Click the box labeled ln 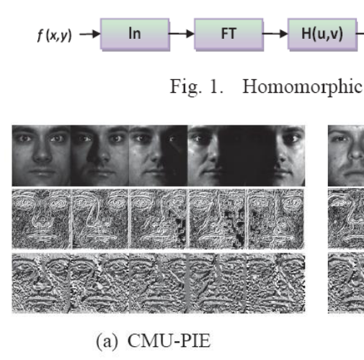[x=135, y=35]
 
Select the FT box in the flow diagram [x=228, y=35]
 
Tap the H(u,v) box [x=322, y=35]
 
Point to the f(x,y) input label [x=55, y=35]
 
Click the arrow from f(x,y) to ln [x=90, y=34]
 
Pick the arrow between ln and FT [x=182, y=34]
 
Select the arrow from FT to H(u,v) [x=275, y=34]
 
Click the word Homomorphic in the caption [x=303, y=86]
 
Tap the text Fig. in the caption [x=186, y=87]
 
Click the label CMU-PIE [x=169, y=341]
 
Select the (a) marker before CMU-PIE [x=107, y=341]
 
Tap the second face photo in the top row [x=99, y=156]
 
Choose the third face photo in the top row [x=158, y=156]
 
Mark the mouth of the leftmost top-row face [x=43, y=172]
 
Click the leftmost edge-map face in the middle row [x=41, y=219]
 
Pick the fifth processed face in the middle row [x=276, y=219]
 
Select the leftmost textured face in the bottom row [x=41, y=283]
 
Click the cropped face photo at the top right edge [x=346, y=156]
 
